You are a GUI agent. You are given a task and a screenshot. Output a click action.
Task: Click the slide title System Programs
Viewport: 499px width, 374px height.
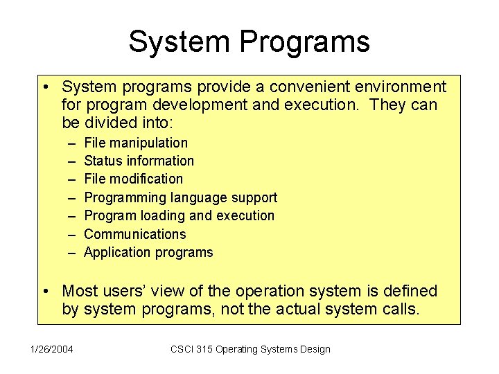coord(249,42)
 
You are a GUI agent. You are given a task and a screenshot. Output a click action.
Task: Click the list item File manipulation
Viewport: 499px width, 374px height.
coord(135,143)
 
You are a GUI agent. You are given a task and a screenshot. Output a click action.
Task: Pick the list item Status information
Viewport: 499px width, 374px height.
coord(139,161)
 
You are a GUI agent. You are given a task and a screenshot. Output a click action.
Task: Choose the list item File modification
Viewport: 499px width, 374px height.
coord(133,179)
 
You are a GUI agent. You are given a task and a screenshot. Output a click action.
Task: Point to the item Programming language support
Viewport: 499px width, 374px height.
coord(180,197)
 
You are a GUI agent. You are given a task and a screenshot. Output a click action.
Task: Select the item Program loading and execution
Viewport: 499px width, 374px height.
coord(179,215)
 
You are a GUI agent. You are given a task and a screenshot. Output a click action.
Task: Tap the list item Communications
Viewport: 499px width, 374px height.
coord(134,234)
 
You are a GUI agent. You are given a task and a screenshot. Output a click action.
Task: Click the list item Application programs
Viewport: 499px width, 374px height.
coord(148,252)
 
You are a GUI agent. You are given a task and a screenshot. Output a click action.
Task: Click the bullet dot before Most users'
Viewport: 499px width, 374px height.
coord(45,292)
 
